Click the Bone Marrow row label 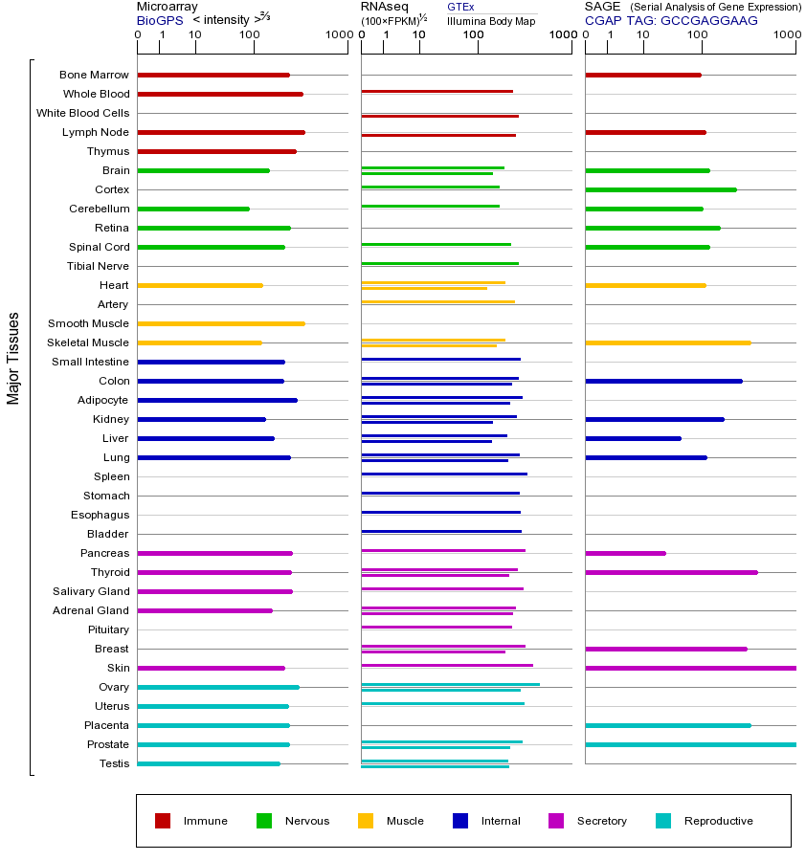[94, 75]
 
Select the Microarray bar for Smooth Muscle [221, 323]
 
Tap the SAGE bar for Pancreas [625, 553]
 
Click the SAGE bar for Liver [633, 438]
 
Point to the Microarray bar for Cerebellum [193, 209]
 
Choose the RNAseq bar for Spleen [444, 474]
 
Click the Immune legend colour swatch [163, 821]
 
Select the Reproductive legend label [718, 821]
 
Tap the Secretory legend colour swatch [556, 821]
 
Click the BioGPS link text [160, 20]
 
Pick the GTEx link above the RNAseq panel [460, 7]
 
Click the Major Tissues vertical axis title [13, 358]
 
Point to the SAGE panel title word [602, 7]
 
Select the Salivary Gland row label [91, 591]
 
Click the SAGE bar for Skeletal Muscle [667, 342]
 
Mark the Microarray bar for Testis [209, 763]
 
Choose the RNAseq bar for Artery [437, 301]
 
